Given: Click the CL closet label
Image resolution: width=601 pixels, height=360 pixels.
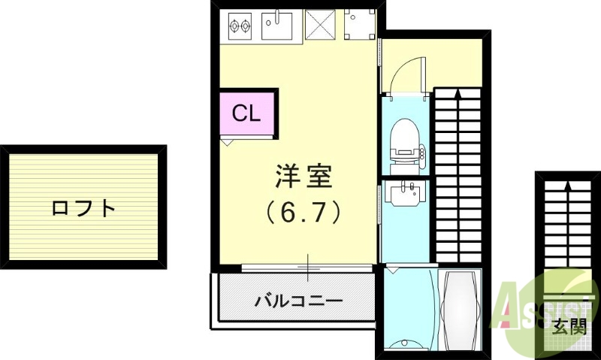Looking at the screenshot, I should coord(246,113).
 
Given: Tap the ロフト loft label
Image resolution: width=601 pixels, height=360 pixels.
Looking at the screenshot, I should coord(83,207).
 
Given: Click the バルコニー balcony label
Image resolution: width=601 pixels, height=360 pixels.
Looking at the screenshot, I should coord(298,301).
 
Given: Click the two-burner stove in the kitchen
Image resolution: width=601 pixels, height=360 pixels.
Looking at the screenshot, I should coord(239,26).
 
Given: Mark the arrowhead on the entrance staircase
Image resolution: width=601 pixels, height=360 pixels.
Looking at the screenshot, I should coord(567,182).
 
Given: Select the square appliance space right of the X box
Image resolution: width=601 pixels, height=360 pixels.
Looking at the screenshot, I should coord(358,25).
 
